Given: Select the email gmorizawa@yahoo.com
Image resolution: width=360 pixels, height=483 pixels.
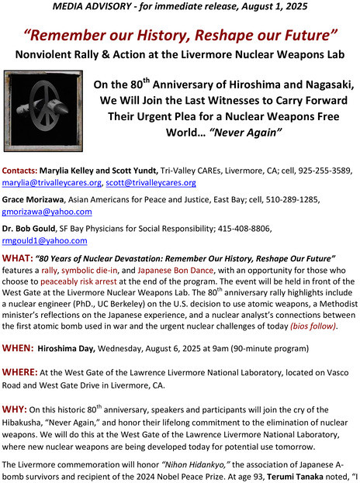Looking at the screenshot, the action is (x=47, y=212).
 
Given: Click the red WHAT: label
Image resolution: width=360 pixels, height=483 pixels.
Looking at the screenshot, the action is (x=19, y=257).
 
